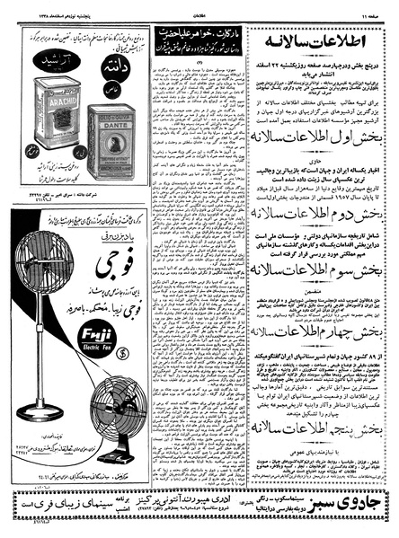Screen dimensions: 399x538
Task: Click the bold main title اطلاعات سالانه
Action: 327,46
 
